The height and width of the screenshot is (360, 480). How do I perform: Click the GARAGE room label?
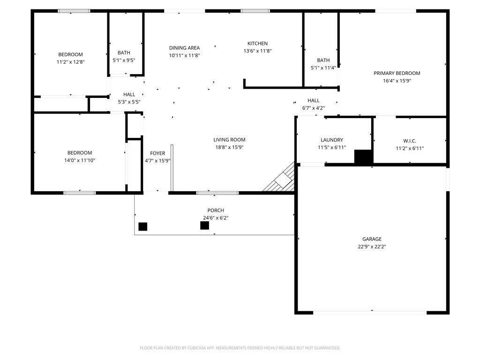pyautogui.click(x=372, y=239)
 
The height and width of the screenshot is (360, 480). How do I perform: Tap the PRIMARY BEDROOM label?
pyautogui.click(x=397, y=73)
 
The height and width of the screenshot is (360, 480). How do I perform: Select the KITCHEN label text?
pyautogui.click(x=257, y=44)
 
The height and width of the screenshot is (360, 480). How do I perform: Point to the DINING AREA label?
pyautogui.click(x=184, y=48)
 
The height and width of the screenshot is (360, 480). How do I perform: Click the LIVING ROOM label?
pyautogui.click(x=229, y=140)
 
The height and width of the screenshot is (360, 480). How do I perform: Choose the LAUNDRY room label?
pyautogui.click(x=331, y=140)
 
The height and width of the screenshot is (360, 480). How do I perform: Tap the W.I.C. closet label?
pyautogui.click(x=409, y=141)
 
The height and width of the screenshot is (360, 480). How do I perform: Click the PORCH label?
pyautogui.click(x=216, y=210)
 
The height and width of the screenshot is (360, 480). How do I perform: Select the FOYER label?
pyautogui.click(x=157, y=153)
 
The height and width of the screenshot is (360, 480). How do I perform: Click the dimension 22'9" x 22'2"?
pyautogui.click(x=372, y=247)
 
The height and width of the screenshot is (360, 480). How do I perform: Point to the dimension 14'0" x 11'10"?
pyautogui.click(x=79, y=160)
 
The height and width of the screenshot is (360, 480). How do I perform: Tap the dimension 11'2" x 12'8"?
pyautogui.click(x=70, y=62)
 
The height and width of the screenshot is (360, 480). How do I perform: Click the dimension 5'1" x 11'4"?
pyautogui.click(x=323, y=67)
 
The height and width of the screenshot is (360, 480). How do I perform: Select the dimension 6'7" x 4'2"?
pyautogui.click(x=313, y=108)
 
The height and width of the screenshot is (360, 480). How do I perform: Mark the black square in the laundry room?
pyautogui.click(x=363, y=157)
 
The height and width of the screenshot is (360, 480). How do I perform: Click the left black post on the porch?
pyautogui.click(x=143, y=226)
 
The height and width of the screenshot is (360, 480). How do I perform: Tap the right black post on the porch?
pyautogui.click(x=204, y=225)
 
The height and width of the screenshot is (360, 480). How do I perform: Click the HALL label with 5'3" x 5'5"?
pyautogui.click(x=129, y=95)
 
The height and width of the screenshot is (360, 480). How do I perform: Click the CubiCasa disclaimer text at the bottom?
pyautogui.click(x=240, y=348)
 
